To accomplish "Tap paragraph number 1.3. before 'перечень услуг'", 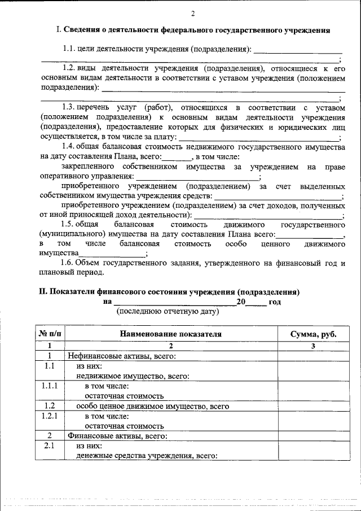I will click(x=72, y=106).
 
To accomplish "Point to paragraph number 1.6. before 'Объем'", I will click(x=72, y=263).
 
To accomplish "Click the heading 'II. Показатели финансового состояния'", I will click(x=169, y=292).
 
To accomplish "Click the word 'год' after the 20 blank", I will click(x=274, y=302).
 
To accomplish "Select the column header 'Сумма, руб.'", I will click(x=313, y=334).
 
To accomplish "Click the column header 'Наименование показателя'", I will click(x=170, y=334).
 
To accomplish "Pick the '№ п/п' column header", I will click(x=50, y=334).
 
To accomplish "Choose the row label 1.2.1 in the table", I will click(x=50, y=416).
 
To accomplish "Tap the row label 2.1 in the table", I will click(x=50, y=446).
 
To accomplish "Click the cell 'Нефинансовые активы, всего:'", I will click(x=122, y=356).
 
